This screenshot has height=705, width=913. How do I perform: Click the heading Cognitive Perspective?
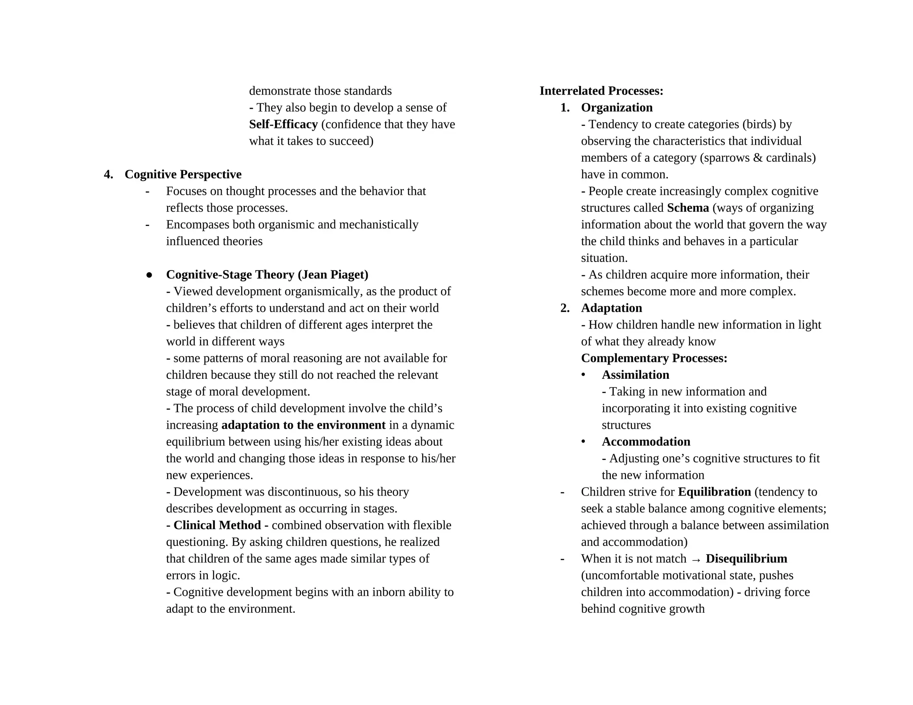coord(183,174)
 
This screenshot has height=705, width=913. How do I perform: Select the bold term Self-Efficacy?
coord(283,124)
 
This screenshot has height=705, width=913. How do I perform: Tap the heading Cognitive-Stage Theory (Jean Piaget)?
coord(267,275)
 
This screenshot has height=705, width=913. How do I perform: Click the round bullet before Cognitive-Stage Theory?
coord(149,275)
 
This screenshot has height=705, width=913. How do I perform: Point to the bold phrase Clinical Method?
coord(217,525)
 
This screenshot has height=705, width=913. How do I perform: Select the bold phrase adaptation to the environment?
coord(303,425)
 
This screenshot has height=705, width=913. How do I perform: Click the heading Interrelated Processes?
coord(601,91)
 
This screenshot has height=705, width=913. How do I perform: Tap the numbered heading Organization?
coord(617,107)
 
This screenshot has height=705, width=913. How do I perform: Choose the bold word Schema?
coord(688,208)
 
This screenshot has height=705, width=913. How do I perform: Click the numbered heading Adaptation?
coord(611,308)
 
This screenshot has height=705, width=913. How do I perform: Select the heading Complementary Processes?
coord(654,358)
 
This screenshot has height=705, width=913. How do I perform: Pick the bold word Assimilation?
coord(635,375)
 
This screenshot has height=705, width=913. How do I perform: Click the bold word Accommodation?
coord(646,442)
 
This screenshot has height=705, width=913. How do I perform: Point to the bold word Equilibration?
coord(714,492)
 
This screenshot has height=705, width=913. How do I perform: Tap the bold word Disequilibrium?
coord(746,559)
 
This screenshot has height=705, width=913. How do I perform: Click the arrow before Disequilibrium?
coord(695,560)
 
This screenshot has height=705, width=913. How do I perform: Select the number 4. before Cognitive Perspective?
coord(108,174)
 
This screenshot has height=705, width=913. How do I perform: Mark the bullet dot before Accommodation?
coord(583,442)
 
